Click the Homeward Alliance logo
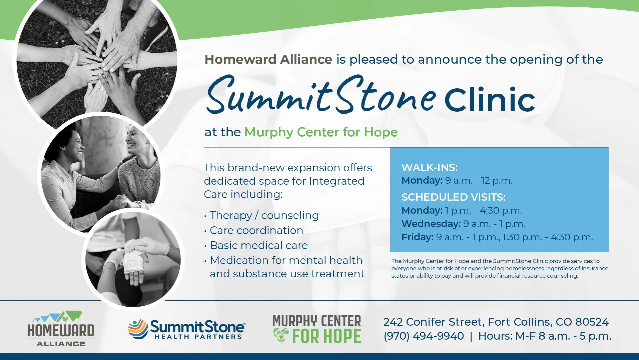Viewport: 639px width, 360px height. click(61, 329)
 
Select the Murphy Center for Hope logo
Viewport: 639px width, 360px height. click(317, 329)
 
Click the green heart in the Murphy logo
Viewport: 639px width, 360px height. click(281, 335)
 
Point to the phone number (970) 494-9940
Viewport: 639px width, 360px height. click(424, 336)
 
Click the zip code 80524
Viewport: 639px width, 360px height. click(592, 322)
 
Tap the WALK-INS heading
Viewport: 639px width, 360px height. click(430, 167)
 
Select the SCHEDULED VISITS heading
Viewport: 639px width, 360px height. click(454, 197)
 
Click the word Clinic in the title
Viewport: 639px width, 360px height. click(490, 100)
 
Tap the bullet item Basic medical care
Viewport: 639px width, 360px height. click(259, 245)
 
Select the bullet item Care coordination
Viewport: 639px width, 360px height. click(256, 230)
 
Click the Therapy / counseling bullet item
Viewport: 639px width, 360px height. click(264, 215)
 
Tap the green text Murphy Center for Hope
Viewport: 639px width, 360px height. click(321, 132)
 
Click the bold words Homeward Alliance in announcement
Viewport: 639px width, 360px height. click(268, 59)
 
